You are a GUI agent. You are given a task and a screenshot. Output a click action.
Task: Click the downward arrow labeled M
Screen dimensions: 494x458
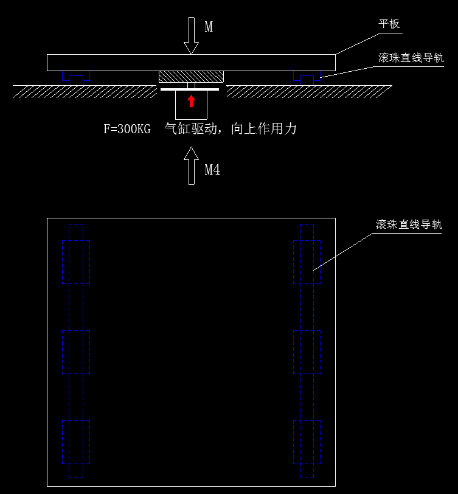(192, 37)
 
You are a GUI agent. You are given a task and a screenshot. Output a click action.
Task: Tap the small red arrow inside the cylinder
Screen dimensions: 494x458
(192, 101)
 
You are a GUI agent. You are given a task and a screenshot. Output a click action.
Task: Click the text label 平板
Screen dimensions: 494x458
(389, 24)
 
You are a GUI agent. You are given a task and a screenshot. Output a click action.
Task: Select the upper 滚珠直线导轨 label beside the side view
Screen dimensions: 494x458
(411, 58)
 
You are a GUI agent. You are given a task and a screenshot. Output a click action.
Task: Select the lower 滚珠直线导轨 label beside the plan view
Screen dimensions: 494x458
(408, 224)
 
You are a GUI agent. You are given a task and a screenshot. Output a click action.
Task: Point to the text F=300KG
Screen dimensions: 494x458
(127, 129)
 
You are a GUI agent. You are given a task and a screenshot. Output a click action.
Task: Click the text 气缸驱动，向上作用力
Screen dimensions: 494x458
(231, 129)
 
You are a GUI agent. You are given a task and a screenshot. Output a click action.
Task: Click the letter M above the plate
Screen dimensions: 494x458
(209, 27)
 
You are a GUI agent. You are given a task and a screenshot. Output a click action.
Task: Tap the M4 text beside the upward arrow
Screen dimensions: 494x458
(212, 170)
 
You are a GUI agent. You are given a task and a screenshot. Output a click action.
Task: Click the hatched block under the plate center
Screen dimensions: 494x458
(191, 77)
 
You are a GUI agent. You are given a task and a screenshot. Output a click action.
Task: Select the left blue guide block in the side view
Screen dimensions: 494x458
(75, 77)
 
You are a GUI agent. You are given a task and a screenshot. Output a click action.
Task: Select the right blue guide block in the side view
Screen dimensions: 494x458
(307, 77)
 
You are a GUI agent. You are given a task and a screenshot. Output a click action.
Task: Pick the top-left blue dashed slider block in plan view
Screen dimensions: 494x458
(75, 262)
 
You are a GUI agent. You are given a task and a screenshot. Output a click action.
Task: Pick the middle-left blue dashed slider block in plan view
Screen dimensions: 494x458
(75, 352)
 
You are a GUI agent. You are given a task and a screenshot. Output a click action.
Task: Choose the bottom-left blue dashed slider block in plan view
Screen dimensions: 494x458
(75, 442)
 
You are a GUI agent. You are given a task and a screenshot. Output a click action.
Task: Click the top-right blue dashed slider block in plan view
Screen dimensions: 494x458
(307, 262)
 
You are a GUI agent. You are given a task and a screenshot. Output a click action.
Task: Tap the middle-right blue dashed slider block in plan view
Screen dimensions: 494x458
(307, 352)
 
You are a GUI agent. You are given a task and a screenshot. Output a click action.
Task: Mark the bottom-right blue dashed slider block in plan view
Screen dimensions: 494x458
(307, 442)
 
